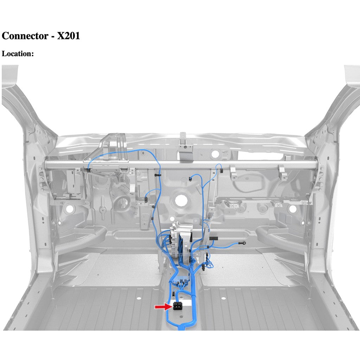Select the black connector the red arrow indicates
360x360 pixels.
(x=178, y=306)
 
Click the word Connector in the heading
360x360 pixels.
(x=25, y=36)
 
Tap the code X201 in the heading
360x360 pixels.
(x=68, y=36)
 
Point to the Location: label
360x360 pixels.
(x=18, y=54)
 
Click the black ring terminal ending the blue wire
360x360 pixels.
(x=244, y=243)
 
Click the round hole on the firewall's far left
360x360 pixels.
(x=70, y=208)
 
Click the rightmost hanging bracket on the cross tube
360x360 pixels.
(x=282, y=172)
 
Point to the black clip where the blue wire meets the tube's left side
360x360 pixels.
(x=87, y=170)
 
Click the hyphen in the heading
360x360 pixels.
(x=52, y=36)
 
